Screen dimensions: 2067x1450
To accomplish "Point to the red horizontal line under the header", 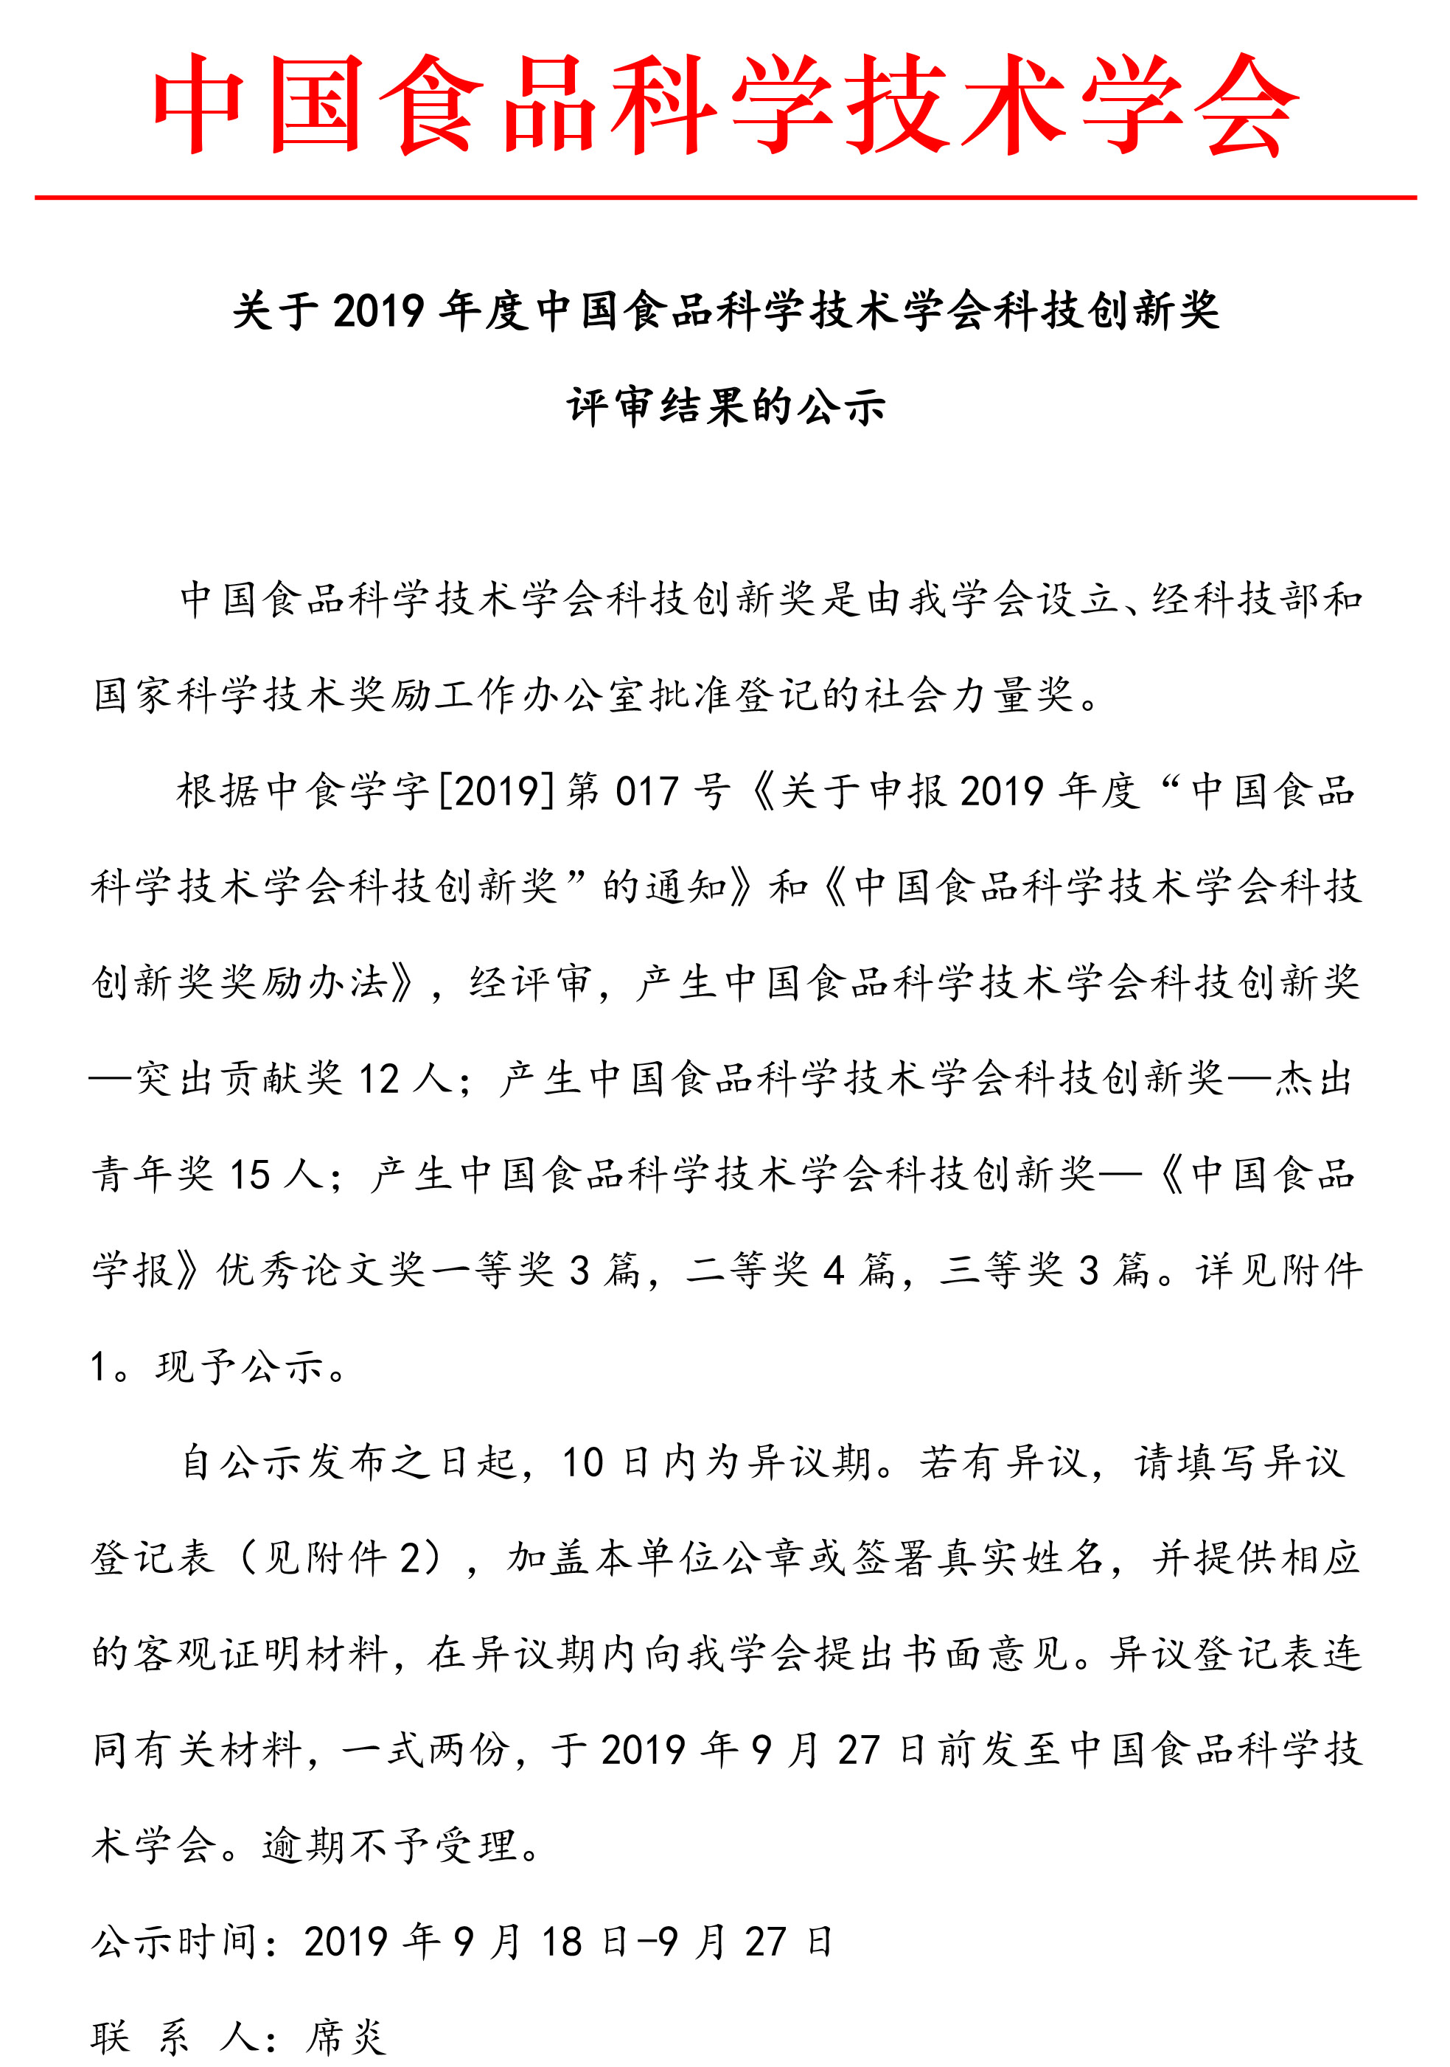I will [x=725, y=197].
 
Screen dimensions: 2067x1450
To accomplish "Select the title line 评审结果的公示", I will [x=725, y=407].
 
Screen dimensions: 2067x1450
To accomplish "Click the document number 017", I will [x=646, y=792].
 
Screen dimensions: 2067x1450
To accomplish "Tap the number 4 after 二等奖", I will [x=834, y=1271].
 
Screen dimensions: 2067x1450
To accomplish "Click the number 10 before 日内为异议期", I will [x=582, y=1464].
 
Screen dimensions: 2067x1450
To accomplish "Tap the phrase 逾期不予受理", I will [x=391, y=1847].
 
